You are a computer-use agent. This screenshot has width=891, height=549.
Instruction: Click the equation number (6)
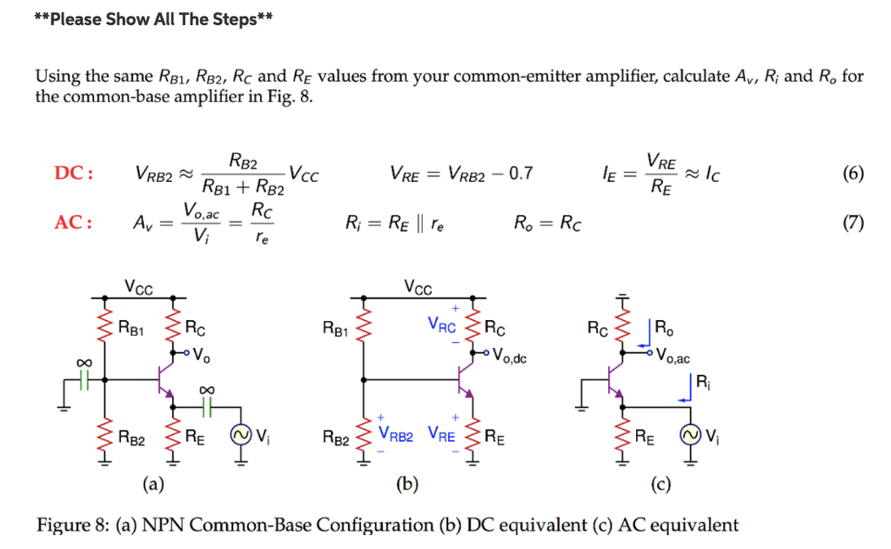(853, 174)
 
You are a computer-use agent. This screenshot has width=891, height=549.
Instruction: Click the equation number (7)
(853, 223)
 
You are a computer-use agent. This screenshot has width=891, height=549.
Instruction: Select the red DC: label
(74, 174)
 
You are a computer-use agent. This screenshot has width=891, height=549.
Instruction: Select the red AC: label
(74, 223)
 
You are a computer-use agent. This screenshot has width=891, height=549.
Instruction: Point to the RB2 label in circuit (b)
(337, 441)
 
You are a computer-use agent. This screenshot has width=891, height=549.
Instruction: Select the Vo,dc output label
(510, 355)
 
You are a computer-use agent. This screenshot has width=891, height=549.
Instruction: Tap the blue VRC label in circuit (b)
(442, 328)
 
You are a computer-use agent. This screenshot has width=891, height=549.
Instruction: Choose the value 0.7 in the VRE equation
(520, 175)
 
